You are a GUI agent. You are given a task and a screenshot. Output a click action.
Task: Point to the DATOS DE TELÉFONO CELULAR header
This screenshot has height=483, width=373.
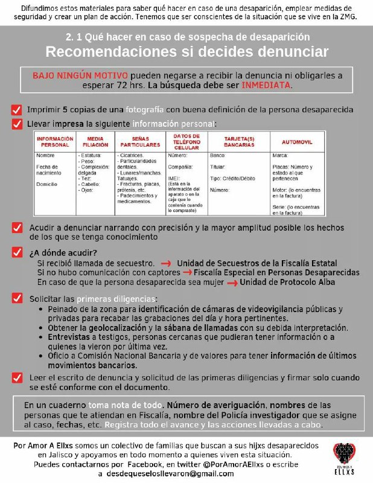pos(186,141)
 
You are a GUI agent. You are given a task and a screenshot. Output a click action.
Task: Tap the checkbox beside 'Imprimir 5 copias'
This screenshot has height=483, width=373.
pos(16,110)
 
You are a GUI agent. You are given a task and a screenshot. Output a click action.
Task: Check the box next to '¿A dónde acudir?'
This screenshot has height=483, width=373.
pos(16,252)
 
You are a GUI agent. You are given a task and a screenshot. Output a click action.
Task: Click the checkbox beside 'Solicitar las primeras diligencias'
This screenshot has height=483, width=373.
pos(16,298)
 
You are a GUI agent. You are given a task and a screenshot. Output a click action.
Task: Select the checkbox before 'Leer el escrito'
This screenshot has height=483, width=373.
pos(16,377)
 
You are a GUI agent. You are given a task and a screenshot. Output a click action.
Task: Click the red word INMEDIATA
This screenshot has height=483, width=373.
pos(266,86)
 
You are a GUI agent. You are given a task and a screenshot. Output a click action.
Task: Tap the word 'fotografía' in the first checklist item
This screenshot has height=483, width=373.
pos(144,110)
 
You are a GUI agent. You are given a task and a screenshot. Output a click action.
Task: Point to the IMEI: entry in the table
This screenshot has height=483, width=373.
pos(173,179)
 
